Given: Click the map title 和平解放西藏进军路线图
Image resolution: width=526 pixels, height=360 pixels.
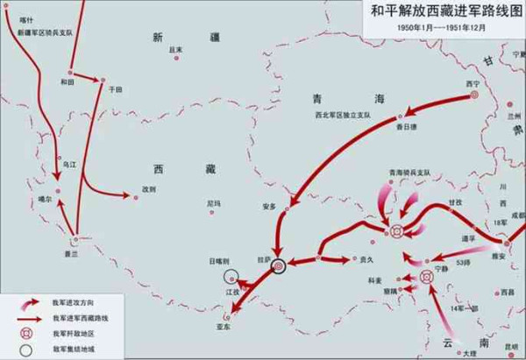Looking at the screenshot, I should (439, 11).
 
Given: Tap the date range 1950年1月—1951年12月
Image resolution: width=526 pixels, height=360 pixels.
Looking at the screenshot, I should (440, 27).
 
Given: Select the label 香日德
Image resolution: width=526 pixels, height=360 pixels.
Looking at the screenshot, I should (406, 127).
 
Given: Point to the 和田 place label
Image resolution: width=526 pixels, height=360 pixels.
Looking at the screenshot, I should (68, 81).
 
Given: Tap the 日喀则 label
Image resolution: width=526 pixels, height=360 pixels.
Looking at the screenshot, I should (220, 260).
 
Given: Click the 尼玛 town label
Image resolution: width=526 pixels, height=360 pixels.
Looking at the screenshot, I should (214, 203).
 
